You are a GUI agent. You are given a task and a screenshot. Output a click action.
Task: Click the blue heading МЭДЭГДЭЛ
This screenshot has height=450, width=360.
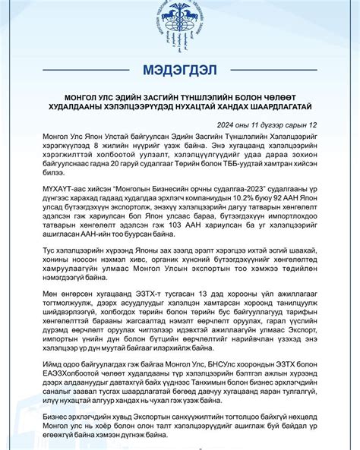[180, 70]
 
